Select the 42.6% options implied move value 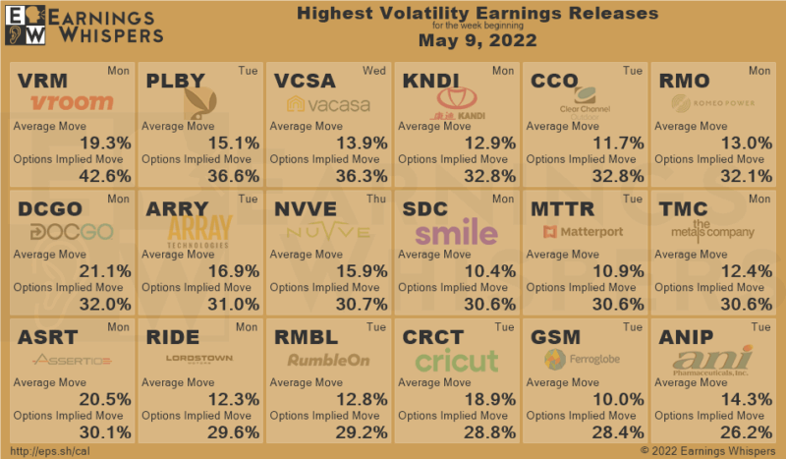[104, 176]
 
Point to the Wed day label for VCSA [374, 71]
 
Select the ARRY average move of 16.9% [233, 271]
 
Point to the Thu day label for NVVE [375, 199]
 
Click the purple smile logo [455, 232]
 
